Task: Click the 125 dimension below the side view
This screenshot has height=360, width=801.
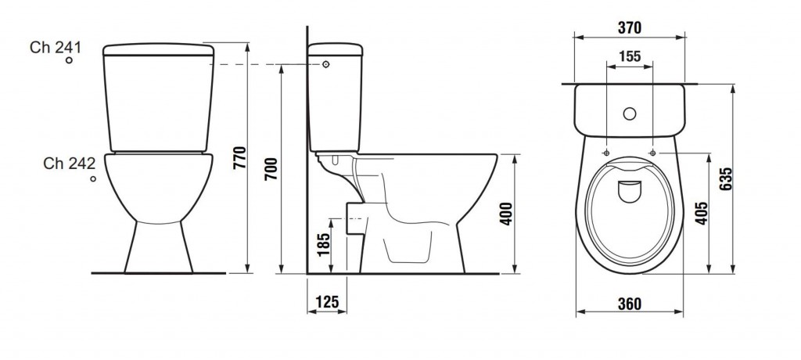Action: [x=327, y=301]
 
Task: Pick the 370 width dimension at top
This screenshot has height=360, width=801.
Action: [x=629, y=28]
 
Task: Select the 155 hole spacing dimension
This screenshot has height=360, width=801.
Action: [x=629, y=56]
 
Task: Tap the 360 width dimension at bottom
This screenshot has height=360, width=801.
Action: [x=629, y=304]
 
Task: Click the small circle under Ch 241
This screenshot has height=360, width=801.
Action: [x=69, y=60]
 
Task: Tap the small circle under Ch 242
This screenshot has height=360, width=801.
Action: [x=93, y=179]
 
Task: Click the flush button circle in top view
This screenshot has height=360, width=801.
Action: [x=629, y=113]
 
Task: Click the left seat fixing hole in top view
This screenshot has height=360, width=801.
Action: [x=607, y=153]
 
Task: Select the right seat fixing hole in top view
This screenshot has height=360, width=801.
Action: [x=652, y=153]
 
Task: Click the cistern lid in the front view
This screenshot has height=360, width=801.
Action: [x=158, y=50]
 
